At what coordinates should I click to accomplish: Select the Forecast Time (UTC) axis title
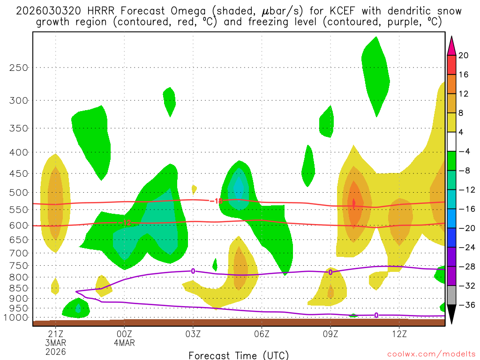tap(239, 355)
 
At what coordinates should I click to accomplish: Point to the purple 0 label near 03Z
tap(193, 271)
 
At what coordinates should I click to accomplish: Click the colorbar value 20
tap(464, 55)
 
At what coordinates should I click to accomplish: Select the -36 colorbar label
tap(465, 305)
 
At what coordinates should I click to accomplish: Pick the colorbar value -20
tap(465, 228)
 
